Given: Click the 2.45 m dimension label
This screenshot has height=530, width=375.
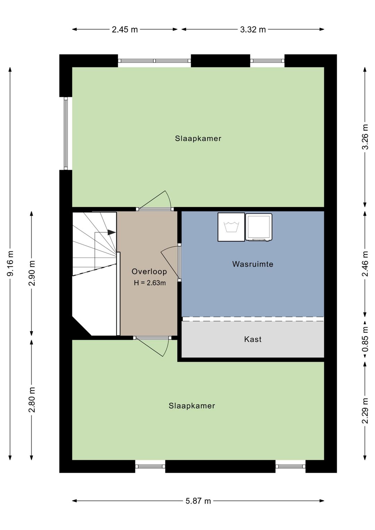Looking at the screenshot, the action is [125, 30].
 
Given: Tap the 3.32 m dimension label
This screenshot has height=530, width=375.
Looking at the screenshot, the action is [253, 30].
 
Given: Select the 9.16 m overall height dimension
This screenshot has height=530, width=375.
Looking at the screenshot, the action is [10, 263].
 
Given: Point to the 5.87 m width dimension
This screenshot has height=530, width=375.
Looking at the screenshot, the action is [198, 501].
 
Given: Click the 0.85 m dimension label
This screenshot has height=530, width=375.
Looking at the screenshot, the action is [365, 339].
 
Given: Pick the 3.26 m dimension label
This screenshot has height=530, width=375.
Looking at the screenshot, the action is [365, 137].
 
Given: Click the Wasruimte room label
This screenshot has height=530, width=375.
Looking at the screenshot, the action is [253, 264].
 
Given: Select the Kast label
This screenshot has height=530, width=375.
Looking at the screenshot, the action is [253, 339].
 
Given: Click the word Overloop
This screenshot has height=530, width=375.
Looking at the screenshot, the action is [149, 271].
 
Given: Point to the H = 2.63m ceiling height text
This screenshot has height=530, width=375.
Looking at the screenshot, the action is [150, 283].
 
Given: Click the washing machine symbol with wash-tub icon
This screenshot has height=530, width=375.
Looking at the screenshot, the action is [231, 227].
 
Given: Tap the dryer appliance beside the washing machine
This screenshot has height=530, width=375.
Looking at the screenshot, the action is [259, 227].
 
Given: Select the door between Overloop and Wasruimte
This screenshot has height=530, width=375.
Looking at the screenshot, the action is [171, 263].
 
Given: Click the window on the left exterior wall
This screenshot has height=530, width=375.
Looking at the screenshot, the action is [66, 133].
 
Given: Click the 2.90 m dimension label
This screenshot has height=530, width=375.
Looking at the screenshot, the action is [32, 273].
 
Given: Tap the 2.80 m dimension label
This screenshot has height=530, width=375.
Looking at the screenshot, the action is [32, 400].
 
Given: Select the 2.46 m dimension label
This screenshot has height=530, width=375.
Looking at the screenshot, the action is [365, 264].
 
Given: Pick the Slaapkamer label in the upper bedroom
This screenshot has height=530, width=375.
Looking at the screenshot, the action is [198, 139].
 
